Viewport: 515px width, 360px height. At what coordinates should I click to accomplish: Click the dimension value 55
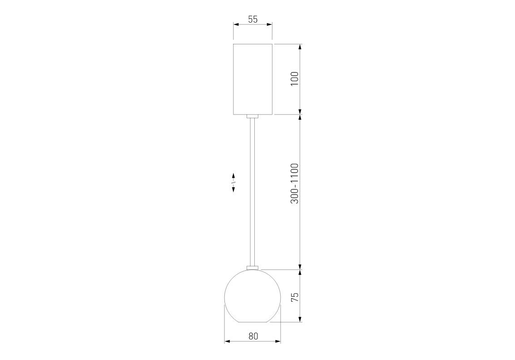tap(253, 19)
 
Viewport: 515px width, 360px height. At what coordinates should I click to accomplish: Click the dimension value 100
tap(295, 79)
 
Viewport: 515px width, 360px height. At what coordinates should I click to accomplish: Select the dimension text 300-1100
tap(295, 184)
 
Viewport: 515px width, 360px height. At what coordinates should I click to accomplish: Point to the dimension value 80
tap(253, 336)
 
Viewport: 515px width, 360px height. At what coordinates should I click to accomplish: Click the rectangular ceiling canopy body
tap(253, 79)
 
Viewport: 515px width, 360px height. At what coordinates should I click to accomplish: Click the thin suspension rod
tap(252, 192)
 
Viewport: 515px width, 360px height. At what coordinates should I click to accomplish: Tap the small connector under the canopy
tap(252, 116)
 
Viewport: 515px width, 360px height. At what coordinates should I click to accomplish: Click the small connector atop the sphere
tap(252, 268)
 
